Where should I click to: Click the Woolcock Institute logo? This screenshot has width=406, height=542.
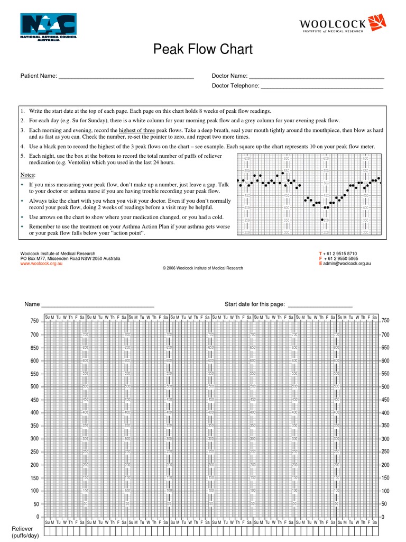click(x=343, y=24)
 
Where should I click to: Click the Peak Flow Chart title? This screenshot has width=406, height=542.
click(x=203, y=50)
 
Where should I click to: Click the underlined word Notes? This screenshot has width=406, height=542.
click(x=27, y=175)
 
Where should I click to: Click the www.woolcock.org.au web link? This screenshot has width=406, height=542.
click(x=41, y=264)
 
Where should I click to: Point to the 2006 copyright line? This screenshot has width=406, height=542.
click(x=203, y=268)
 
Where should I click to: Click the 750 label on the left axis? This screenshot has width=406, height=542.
click(x=34, y=321)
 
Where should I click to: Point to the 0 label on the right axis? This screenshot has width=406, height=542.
click(x=383, y=517)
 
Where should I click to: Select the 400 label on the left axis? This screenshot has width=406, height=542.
click(x=34, y=413)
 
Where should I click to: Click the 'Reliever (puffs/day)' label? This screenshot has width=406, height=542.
click(x=22, y=532)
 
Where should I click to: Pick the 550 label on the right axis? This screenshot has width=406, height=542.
click(x=385, y=374)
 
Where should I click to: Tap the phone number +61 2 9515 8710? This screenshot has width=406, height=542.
click(x=340, y=254)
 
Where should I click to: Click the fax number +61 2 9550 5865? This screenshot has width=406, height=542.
click(x=340, y=259)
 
